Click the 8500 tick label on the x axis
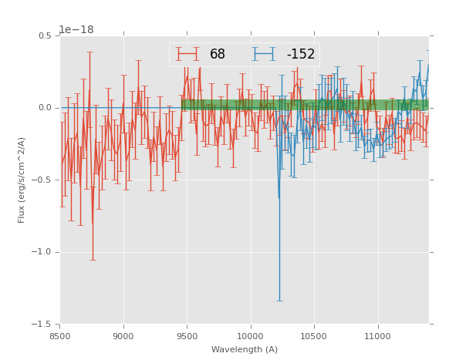pos(60,336)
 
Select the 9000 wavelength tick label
pos(123,336)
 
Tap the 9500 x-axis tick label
pos(187,336)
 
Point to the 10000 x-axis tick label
pos(251,336)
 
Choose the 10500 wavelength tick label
pos(314,336)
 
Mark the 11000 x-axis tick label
pos(377,336)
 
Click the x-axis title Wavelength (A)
pos(245,349)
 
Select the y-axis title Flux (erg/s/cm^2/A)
pos(22,180)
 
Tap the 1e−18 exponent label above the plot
pos(76,29)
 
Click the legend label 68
pos(218,54)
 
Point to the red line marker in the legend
pos(187,54)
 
